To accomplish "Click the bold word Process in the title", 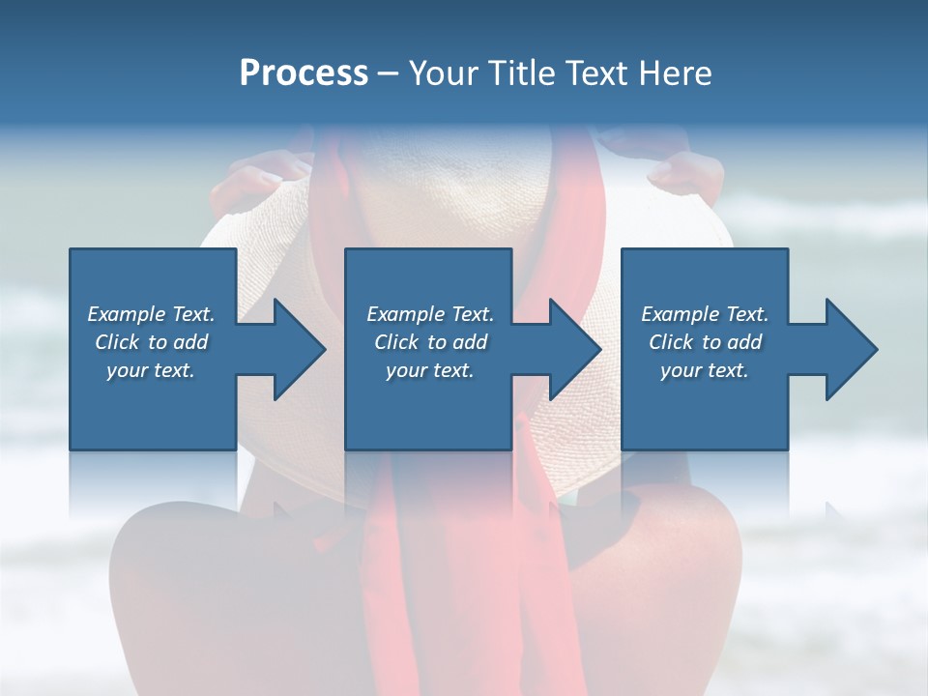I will [304, 73].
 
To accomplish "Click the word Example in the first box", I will [126, 314].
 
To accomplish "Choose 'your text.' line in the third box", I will [704, 370].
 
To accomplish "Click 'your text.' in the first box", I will [151, 370].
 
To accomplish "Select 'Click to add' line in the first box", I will [152, 342].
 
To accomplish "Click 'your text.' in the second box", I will [429, 370].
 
